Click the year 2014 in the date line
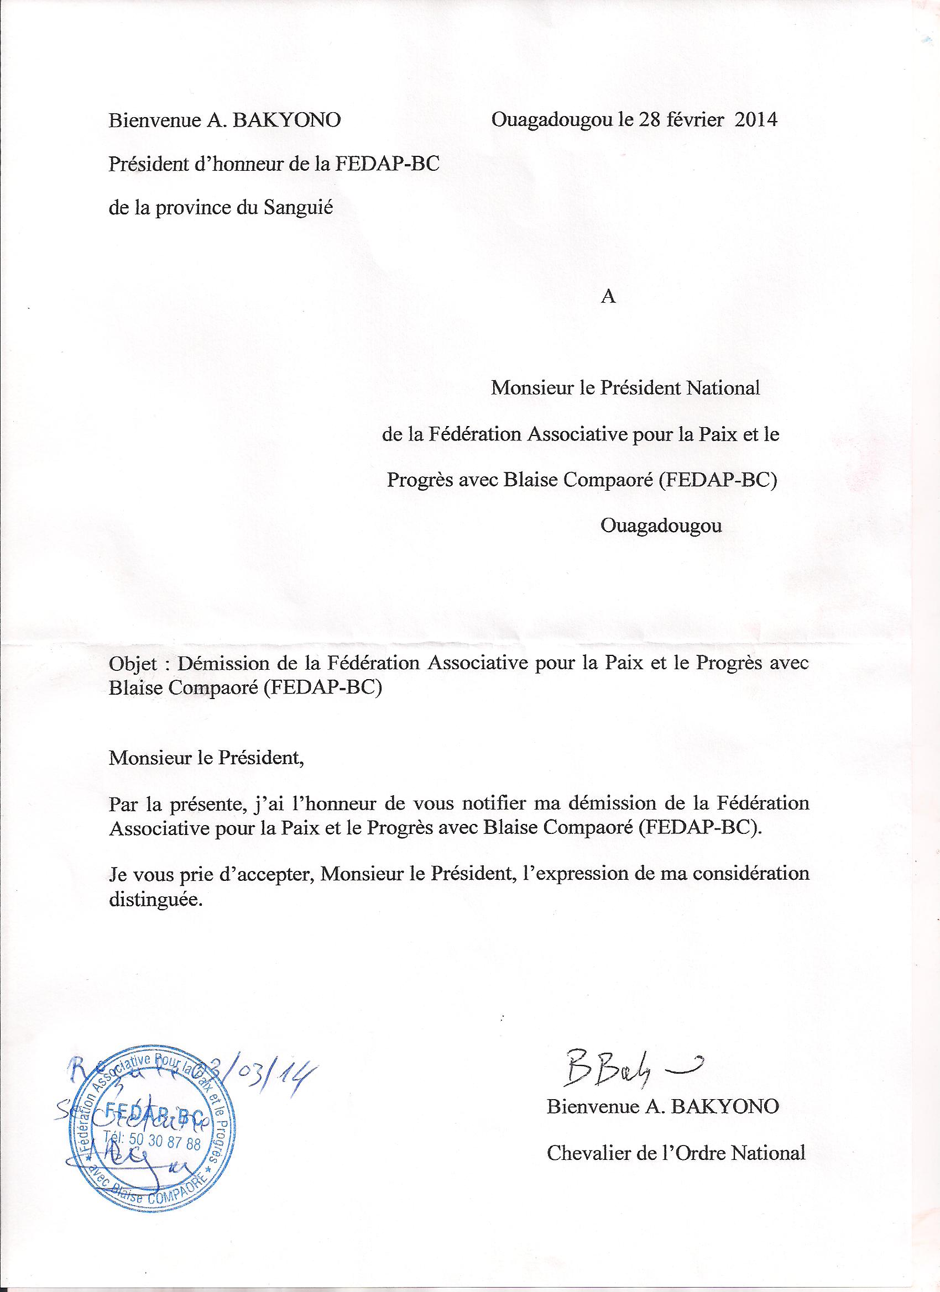tap(755, 120)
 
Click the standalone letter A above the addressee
tap(609, 298)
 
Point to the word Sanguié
tap(299, 207)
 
